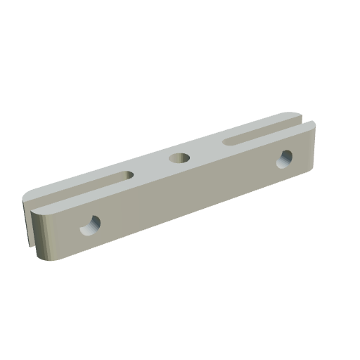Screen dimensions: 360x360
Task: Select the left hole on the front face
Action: click(x=90, y=225)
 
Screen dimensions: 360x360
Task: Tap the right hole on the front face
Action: click(x=287, y=158)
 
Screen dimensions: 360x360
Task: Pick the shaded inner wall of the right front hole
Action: click(x=285, y=155)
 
